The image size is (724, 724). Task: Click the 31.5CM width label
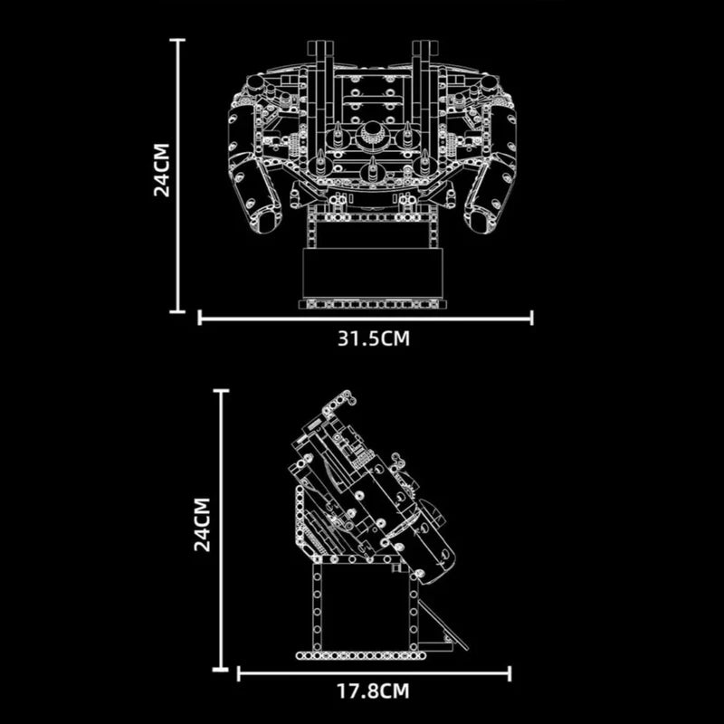tap(374, 338)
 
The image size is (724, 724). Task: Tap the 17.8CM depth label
tap(374, 692)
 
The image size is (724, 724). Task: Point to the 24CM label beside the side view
tap(205, 524)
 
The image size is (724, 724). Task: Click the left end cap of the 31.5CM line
tap(200, 318)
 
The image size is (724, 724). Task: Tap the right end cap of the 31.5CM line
tap(532, 318)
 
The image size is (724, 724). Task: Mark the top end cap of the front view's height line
tap(176, 40)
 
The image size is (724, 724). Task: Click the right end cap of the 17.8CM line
tap(510, 672)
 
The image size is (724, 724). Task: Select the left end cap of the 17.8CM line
tap(238, 672)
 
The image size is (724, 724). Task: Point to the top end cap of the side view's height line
tap(221, 391)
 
